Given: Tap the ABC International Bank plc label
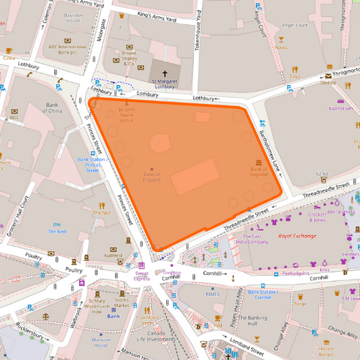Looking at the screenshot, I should (68, 49).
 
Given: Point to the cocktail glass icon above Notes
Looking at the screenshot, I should (281, 40).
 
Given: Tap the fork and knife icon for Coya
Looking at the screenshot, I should (294, 69).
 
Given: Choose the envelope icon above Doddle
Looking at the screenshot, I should (328, 75).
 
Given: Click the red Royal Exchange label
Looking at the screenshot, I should (297, 236).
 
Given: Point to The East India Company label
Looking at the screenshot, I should (252, 240).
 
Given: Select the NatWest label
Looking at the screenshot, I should (113, 256).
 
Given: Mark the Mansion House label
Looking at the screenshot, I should (101, 342).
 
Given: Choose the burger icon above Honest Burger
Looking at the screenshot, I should (327, 341).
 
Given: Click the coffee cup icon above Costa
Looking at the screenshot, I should (9, 51).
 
